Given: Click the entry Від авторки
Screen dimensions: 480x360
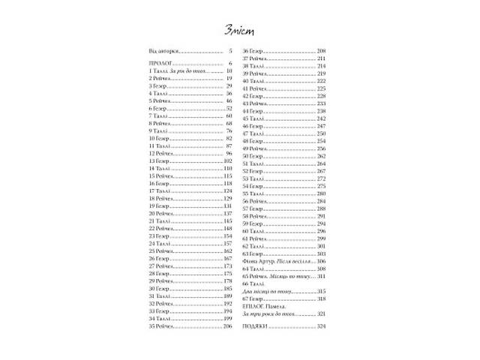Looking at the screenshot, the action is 164,49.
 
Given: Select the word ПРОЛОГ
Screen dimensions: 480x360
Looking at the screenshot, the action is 161,64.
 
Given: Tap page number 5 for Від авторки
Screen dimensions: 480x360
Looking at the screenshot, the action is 231,49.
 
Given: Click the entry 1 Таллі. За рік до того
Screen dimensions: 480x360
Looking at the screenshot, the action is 177,71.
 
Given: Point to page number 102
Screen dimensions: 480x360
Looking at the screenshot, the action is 229,161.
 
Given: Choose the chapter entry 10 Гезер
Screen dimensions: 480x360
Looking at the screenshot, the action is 160,139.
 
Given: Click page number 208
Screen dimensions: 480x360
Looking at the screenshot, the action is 322,49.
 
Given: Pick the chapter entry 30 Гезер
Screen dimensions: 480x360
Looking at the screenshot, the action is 160,289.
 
